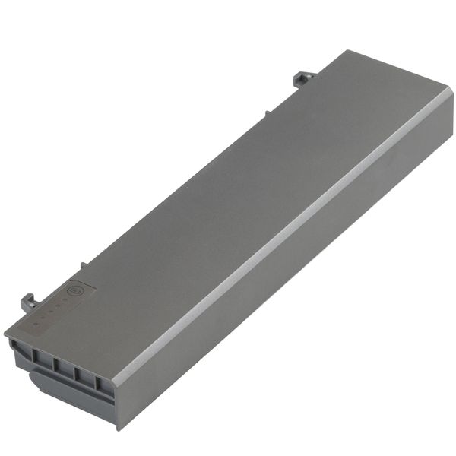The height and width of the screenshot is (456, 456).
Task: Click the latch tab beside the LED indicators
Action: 29,301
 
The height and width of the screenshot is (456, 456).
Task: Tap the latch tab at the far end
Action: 305,78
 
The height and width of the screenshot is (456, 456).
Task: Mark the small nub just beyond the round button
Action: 84,265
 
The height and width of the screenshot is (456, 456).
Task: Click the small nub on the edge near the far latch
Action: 267,113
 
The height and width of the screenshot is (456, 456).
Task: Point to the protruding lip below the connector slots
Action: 68,396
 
